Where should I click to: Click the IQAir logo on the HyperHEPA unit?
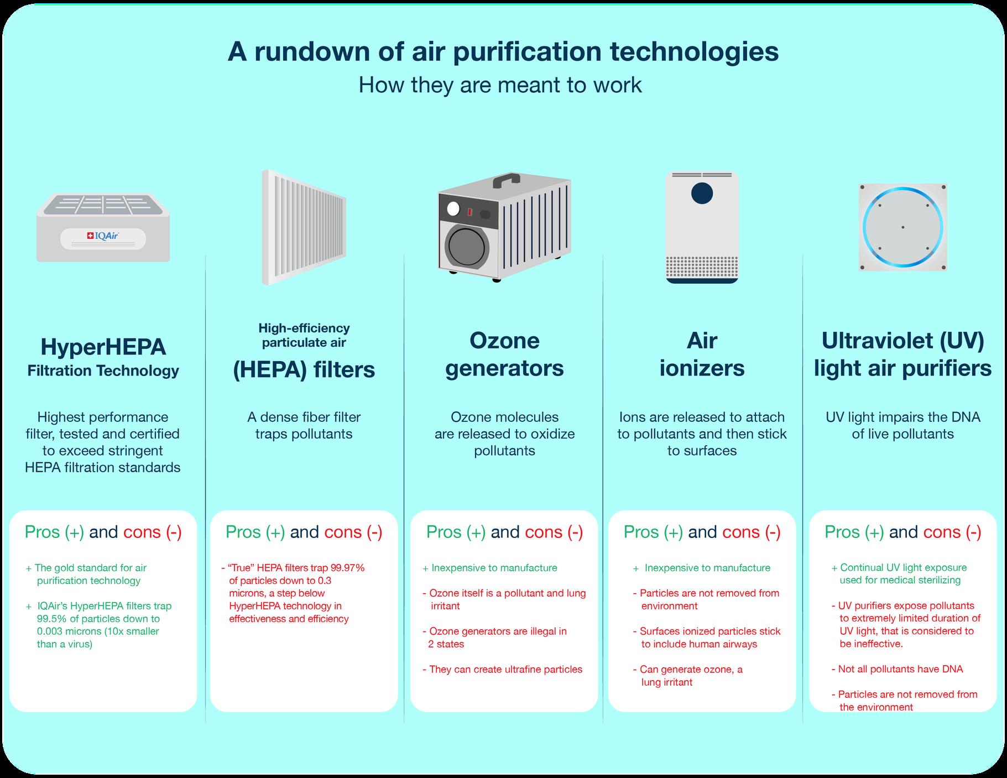[103, 237]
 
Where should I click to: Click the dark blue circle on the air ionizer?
[702, 194]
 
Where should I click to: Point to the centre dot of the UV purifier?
[902, 227]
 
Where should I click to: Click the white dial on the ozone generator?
[453, 209]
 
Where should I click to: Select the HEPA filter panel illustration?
[304, 227]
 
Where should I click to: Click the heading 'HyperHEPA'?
[103, 347]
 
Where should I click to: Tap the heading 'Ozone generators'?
[504, 354]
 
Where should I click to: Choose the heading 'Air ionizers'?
[702, 354]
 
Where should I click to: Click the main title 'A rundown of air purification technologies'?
[503, 51]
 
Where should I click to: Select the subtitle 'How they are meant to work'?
[500, 85]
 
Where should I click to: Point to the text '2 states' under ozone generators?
[446, 644]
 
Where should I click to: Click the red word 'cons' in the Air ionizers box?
[742, 532]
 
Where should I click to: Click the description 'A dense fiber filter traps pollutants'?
[304, 425]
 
